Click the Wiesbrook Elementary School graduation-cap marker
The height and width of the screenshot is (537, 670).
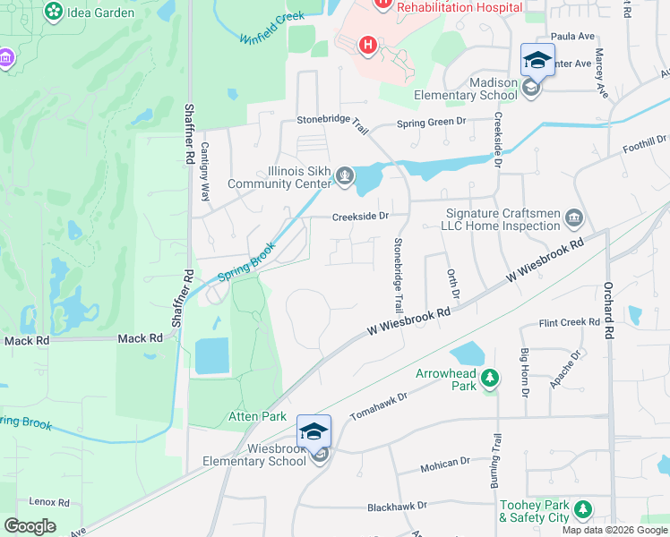[314, 431]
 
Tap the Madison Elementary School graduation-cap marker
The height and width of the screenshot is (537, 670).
[537, 60]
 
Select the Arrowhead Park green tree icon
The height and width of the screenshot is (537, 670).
[489, 378]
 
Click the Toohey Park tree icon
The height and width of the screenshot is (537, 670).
[583, 510]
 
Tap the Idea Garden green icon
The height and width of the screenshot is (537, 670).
[54, 12]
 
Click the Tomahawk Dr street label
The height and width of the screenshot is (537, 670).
[378, 403]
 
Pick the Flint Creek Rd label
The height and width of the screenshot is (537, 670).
[569, 322]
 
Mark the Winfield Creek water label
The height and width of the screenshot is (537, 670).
[272, 28]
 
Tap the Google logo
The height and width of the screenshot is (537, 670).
[30, 526]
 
